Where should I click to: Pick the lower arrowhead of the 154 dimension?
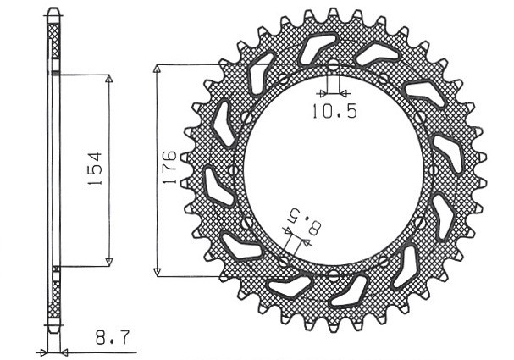coord(108,261)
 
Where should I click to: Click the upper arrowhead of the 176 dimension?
coord(158,68)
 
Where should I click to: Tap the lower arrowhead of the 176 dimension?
coord(158,271)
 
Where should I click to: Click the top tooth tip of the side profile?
coord(53,13)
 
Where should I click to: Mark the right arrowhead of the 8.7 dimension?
coord(65,350)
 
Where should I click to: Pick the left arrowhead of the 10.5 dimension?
coord(323,91)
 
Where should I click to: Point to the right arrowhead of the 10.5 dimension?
coord(343,91)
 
